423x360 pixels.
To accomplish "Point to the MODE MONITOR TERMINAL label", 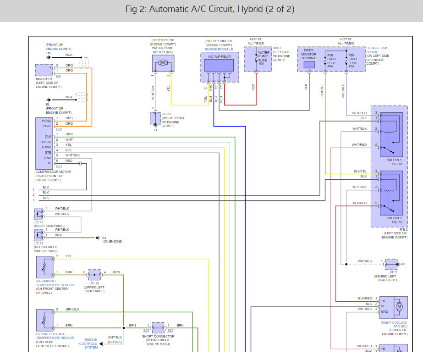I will pyautogui.click(x=309, y=55).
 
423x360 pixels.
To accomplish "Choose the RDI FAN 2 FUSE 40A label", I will pyautogui.click(x=331, y=60).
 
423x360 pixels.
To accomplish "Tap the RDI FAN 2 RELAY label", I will pyautogui.click(x=394, y=220).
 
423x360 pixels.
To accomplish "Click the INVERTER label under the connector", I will pyautogui.click(x=44, y=79).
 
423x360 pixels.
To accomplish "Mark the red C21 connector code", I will pyautogui.click(x=59, y=166).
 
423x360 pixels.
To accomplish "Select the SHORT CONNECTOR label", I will pyautogui.click(x=158, y=336).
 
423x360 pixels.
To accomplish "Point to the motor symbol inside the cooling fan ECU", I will pyautogui.click(x=399, y=306).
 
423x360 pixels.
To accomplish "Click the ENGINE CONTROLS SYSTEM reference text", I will pyautogui.click(x=88, y=343).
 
